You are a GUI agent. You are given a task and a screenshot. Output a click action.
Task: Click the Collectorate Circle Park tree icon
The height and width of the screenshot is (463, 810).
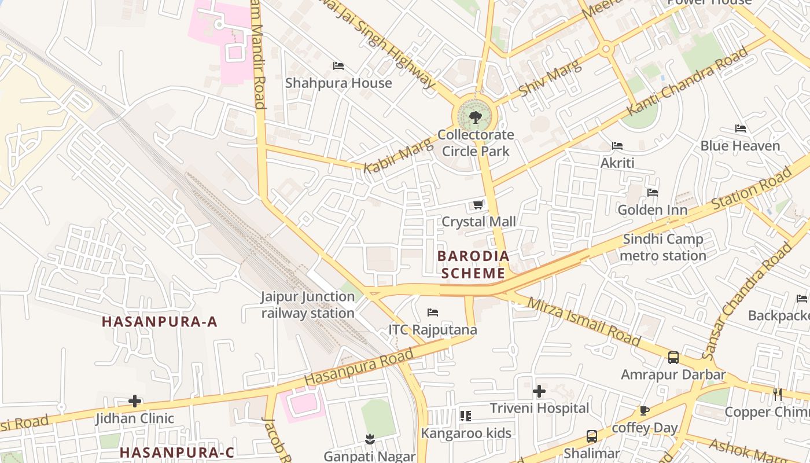click(476, 117)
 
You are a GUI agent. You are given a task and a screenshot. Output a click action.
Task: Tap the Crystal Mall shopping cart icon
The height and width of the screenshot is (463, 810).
click(478, 204)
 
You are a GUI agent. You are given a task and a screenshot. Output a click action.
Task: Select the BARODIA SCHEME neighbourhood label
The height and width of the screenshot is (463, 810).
click(473, 264)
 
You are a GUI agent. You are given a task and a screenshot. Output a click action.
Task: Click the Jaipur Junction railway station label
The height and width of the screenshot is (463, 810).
click(307, 305)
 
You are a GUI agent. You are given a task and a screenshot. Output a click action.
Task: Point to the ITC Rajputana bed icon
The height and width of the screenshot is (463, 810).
click(433, 313)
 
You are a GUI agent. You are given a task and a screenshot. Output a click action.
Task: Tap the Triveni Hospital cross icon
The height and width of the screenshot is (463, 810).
click(539, 391)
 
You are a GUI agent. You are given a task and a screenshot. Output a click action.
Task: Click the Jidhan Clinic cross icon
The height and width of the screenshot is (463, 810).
click(135, 400)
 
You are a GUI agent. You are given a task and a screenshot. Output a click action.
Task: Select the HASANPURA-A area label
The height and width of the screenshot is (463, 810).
click(160, 322)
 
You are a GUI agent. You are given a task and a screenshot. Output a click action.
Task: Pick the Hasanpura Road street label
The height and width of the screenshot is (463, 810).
click(359, 366)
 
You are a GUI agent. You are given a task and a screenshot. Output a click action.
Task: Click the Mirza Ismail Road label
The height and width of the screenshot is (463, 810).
click(584, 321)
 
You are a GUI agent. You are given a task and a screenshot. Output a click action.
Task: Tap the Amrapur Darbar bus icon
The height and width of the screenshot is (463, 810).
click(673, 357)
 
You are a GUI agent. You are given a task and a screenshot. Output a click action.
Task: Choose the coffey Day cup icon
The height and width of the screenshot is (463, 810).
click(645, 410)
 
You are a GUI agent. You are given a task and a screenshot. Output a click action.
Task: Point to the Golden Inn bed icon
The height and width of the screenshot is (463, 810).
click(653, 192)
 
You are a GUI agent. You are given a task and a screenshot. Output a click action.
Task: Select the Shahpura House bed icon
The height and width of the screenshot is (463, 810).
click(338, 66)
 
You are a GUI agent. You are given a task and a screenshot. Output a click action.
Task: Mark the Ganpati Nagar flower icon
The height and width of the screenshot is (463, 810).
click(370, 440)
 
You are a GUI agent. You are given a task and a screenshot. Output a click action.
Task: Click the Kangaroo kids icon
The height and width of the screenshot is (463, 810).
click(466, 416)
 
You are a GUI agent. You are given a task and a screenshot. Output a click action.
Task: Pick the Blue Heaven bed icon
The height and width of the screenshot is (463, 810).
click(741, 128)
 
